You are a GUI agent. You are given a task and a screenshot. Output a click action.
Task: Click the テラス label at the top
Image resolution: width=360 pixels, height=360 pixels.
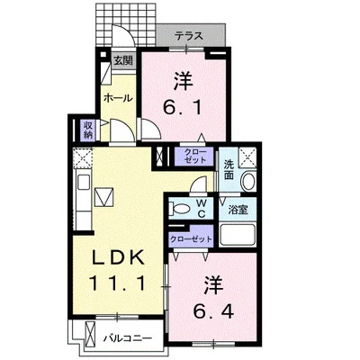point(187,36)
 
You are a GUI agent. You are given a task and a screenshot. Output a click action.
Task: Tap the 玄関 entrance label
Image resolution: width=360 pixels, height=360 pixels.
point(123,61)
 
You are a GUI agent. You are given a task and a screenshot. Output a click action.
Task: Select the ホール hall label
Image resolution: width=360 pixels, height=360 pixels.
point(118,97)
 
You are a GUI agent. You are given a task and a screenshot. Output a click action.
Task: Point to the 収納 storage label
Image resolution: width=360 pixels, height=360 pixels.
point(88,130)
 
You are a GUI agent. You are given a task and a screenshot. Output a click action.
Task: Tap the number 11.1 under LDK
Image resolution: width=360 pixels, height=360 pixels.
point(117,286)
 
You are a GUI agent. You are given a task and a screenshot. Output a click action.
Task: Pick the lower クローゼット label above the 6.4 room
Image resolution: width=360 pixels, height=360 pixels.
point(191,238)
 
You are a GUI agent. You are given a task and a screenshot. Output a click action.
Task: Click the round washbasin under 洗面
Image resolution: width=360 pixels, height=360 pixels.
point(249,182)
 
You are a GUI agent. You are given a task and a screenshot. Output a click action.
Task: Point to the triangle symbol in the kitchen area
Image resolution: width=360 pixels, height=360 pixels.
point(104,195)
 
